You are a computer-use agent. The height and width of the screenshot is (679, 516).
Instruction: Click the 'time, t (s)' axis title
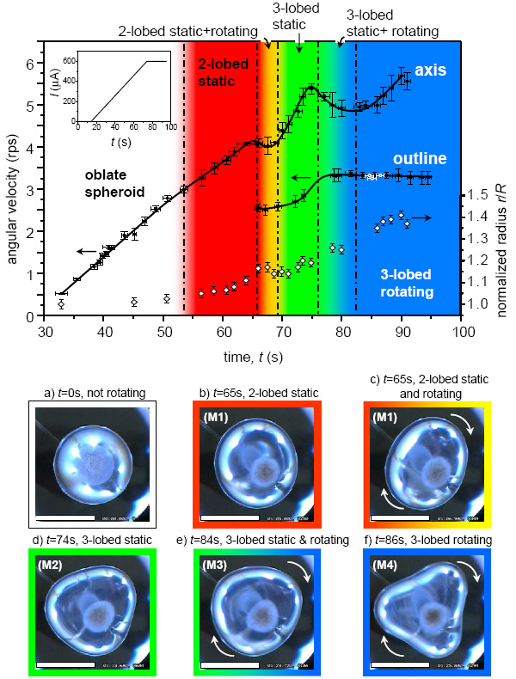coord(251,355)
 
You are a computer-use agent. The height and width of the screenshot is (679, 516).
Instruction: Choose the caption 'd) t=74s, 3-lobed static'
coord(88,541)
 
